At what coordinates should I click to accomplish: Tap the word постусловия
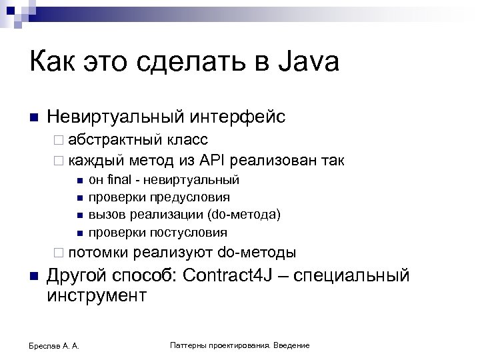193,233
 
